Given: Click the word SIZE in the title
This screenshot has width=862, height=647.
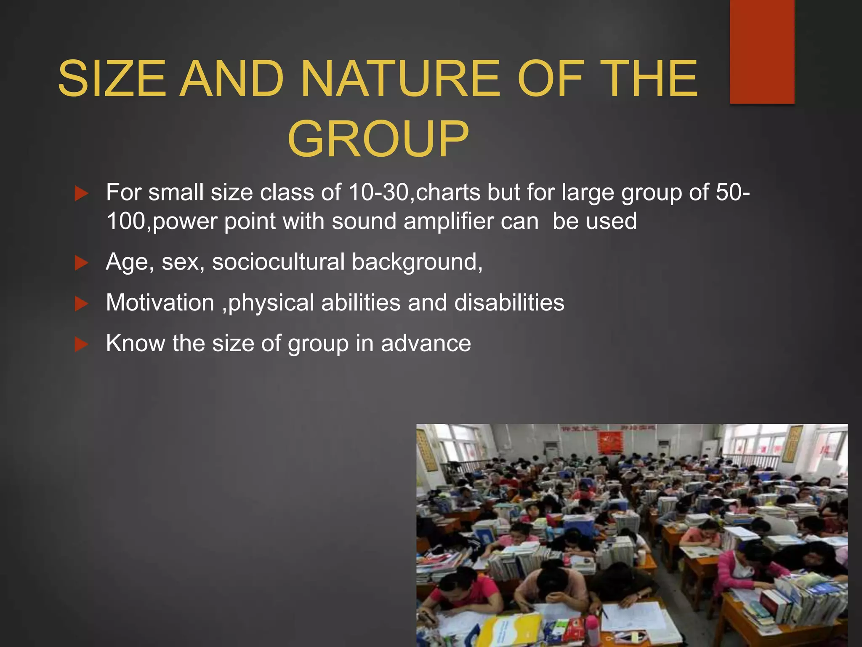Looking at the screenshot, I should [112, 78].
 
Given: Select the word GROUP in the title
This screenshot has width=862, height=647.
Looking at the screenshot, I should [378, 139].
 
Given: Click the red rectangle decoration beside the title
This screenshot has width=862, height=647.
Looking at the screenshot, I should [762, 51].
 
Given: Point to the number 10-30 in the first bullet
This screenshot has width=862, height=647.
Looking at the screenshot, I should [378, 192].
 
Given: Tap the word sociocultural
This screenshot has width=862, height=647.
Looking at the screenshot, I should [278, 262].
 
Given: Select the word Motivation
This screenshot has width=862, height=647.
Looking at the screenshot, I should [160, 302].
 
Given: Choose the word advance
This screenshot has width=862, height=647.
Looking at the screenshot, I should [426, 343].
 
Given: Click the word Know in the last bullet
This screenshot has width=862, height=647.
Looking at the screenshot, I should [135, 343].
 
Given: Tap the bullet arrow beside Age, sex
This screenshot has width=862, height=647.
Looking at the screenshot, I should [81, 263].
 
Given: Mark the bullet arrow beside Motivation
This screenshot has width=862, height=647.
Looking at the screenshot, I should [81, 304].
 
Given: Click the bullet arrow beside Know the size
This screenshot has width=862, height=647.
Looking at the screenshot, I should [81, 345].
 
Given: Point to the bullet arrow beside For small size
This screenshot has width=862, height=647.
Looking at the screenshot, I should [81, 194].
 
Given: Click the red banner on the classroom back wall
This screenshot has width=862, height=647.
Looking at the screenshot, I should [610, 442].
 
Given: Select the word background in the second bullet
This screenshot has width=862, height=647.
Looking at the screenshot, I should [417, 262].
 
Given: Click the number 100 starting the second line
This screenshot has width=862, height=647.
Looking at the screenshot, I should [126, 222].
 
